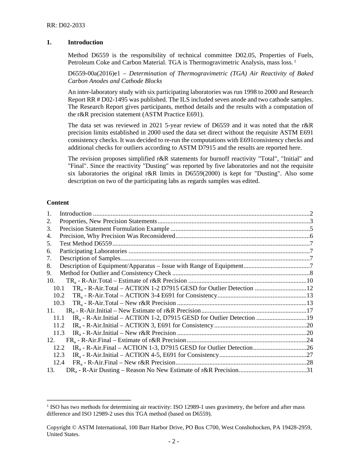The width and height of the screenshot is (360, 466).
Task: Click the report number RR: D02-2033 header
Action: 66,25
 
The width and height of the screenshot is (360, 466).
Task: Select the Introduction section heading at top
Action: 85,42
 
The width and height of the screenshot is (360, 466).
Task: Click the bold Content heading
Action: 58,203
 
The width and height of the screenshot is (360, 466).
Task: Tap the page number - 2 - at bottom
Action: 174,441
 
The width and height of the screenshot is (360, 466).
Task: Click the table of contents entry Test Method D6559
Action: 85,244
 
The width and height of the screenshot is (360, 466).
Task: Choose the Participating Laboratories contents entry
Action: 93,251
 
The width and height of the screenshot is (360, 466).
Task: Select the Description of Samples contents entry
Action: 90,258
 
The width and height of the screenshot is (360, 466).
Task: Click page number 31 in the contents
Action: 310,370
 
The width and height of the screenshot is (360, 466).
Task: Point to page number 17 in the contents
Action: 310,311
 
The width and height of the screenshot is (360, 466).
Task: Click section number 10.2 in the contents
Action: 59,296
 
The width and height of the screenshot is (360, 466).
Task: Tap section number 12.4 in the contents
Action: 59,363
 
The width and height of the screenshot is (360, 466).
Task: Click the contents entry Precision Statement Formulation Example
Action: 114,229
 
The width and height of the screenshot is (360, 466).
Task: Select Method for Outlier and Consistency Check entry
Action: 115,273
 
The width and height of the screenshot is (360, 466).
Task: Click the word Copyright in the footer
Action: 59,427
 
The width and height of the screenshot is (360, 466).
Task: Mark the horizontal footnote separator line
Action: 89,400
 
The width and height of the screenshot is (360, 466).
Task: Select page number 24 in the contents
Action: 310,340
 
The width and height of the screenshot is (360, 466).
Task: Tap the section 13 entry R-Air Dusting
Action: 152,370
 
